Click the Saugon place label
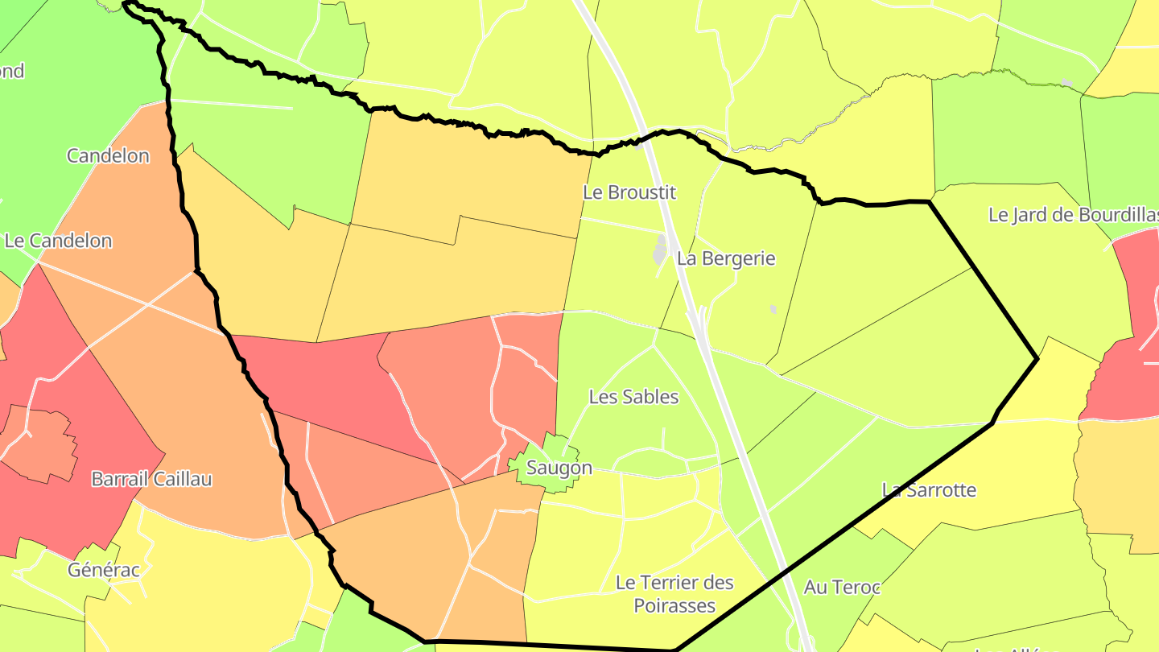tap(559, 468)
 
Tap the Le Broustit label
tap(629, 193)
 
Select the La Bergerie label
tap(726, 258)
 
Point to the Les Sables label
tap(633, 397)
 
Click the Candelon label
tap(108, 155)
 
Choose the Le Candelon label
tap(58, 241)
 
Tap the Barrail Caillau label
tap(151, 479)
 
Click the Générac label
tap(104, 570)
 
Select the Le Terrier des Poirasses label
tap(674, 593)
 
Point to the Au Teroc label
tap(842, 588)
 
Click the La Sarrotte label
tap(929, 489)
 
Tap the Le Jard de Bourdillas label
tap(1073, 215)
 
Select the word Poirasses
tap(674, 605)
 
